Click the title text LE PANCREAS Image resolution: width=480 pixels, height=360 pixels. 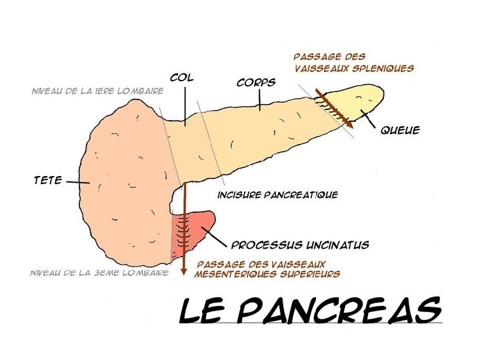point(311,311)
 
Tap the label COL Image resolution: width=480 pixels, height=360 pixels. point(181,78)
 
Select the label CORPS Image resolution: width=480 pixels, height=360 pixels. point(256,83)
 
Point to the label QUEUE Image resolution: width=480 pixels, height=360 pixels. point(400,131)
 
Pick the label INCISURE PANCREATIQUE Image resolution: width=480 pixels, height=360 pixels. point(278,195)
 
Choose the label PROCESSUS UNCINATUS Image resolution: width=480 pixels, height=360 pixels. point(299,245)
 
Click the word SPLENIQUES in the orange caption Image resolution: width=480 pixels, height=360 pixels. point(385,68)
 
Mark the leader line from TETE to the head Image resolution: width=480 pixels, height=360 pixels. point(77,181)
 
